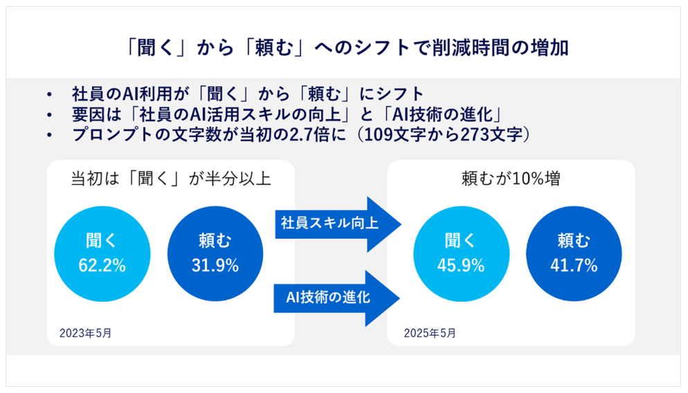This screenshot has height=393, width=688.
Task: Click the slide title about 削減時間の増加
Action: (347, 47)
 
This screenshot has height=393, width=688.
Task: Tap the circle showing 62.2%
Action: (102, 254)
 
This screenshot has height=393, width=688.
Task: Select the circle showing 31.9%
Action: (215, 254)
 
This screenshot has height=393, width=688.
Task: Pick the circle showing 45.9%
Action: (461, 254)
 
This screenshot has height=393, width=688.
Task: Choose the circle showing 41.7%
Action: (574, 254)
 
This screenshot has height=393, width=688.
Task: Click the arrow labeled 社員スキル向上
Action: (338, 224)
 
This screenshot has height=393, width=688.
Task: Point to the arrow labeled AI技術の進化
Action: (337, 298)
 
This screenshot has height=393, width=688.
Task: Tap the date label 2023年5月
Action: (86, 333)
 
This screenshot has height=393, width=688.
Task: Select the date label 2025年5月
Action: (430, 333)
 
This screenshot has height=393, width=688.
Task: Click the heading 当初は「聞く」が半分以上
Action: (171, 179)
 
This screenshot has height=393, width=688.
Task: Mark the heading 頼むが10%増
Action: (511, 179)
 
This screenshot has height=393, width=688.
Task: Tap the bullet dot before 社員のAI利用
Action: (49, 94)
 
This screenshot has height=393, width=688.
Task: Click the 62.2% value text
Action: (102, 266)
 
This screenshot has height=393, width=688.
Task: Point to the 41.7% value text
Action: (574, 266)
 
